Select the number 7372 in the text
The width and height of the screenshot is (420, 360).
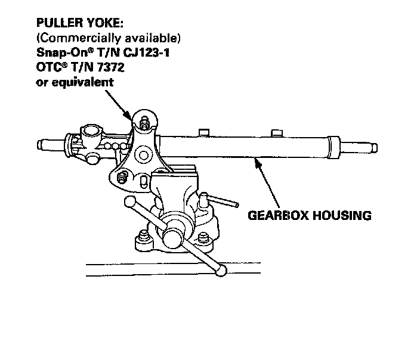pos(110,67)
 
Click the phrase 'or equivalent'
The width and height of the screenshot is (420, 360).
pos(75,82)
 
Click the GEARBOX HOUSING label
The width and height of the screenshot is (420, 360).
pos(308,215)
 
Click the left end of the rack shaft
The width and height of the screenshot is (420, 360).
pos(41,144)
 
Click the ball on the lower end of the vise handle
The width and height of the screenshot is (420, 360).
pos(221,271)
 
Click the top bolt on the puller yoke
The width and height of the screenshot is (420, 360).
pos(144,123)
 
